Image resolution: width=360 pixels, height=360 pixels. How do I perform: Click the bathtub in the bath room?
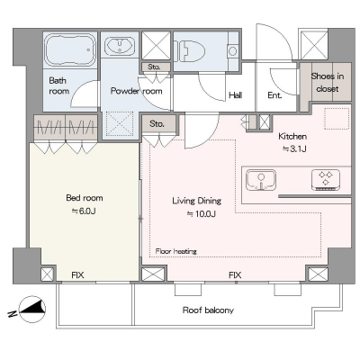(x=70, y=49)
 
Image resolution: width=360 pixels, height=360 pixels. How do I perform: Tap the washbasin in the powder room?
(x=120, y=46)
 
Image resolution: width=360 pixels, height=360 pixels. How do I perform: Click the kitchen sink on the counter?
(x=261, y=180)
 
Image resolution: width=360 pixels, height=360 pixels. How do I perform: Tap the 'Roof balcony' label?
(x=208, y=310)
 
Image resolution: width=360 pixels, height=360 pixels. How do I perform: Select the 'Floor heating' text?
(x=176, y=251)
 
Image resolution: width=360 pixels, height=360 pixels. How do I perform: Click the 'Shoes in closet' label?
(x=328, y=83)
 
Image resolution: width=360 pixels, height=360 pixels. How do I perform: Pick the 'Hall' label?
(x=236, y=95)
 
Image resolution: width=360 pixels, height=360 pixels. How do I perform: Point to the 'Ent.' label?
(x=274, y=95)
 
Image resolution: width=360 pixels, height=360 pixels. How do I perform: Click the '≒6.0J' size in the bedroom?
(x=84, y=211)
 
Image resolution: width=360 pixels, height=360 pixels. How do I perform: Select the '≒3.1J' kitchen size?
(x=294, y=148)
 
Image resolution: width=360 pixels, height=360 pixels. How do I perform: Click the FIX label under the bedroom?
(x=77, y=274)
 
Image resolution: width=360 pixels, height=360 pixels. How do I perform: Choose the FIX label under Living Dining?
(x=235, y=274)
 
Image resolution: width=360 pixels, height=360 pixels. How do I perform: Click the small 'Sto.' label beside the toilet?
(x=154, y=67)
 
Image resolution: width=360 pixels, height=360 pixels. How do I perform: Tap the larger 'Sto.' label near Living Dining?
(x=157, y=123)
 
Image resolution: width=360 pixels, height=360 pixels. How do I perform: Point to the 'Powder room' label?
(x=137, y=91)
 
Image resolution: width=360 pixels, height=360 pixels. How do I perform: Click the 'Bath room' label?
(x=59, y=85)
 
